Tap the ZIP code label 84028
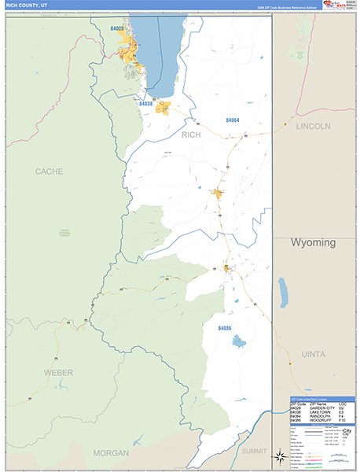tap(117, 28)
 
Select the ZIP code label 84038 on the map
tap(145, 104)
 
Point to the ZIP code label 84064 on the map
tap(232, 120)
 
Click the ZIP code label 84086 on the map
tap(225, 327)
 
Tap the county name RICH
tap(191, 135)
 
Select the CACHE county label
tap(49, 171)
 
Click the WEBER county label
tap(58, 371)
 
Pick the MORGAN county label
tap(110, 453)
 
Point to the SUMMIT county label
tap(254, 451)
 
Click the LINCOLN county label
tap(313, 126)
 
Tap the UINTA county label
tap(313, 355)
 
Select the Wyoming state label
tap(314, 242)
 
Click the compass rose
tap(278, 455)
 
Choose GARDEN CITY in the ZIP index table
tap(322, 407)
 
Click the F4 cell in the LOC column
tap(342, 417)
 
